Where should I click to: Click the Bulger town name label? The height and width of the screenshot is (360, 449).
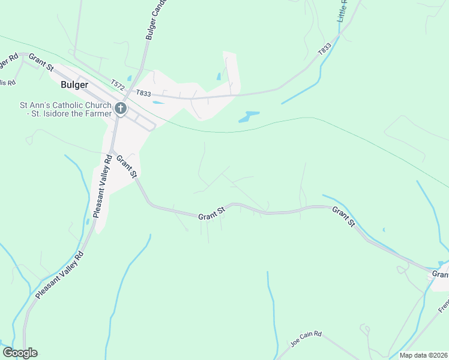tap(75, 85)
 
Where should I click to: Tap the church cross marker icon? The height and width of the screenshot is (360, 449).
tap(120, 109)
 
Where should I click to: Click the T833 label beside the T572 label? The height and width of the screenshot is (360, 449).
tap(143, 93)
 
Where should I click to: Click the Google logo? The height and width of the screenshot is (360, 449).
tap(20, 353)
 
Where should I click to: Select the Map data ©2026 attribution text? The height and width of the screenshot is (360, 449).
tap(423, 355)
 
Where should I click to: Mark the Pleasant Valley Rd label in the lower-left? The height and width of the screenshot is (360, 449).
tap(60, 275)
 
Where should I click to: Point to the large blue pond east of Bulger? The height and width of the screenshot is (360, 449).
tap(249, 116)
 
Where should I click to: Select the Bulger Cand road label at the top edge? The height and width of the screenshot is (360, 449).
tap(155, 19)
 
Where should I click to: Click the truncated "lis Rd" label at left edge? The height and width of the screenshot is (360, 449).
tap(8, 82)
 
